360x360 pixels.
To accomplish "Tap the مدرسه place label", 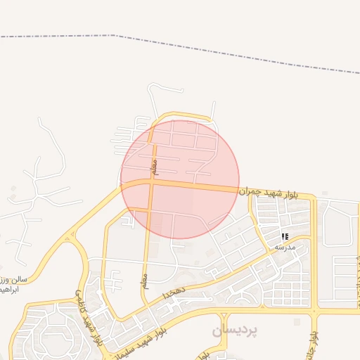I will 285,247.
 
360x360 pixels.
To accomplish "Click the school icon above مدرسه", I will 285,237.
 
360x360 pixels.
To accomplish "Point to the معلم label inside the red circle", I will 155,167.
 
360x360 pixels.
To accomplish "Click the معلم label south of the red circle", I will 145,279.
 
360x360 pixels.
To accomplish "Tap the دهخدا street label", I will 172,290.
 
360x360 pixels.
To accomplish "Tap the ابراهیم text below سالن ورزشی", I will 14,289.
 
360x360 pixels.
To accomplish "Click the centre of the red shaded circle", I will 180,180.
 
